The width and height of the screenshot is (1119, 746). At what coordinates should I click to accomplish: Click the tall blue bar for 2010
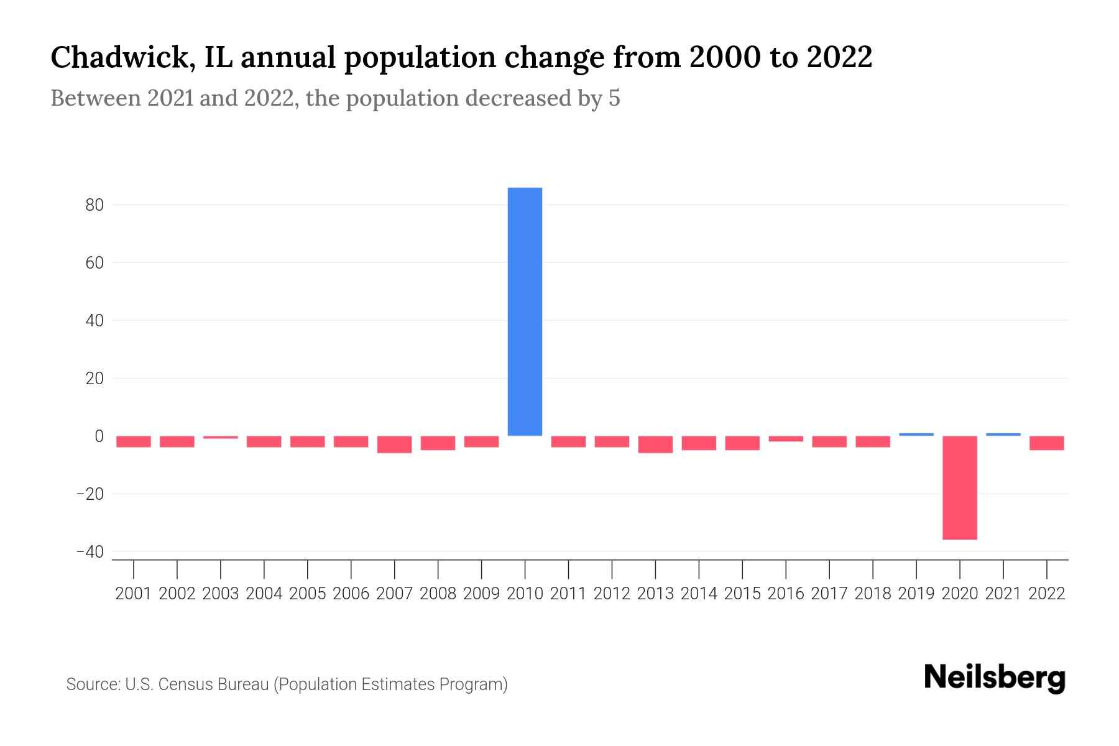[x=525, y=311]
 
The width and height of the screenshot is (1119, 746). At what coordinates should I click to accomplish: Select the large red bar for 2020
[x=959, y=487]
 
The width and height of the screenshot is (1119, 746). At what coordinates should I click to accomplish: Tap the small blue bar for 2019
[x=916, y=434]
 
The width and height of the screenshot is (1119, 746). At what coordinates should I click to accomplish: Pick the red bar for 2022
[x=1046, y=443]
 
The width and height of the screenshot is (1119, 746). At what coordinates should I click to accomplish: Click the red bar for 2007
[x=394, y=444]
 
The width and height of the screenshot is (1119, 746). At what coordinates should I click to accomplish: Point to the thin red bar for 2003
[x=221, y=437]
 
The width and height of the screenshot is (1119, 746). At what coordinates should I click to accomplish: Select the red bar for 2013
[x=655, y=444]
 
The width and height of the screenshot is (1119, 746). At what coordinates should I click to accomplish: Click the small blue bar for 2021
[x=1003, y=434]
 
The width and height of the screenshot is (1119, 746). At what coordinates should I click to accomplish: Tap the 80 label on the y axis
[x=94, y=205]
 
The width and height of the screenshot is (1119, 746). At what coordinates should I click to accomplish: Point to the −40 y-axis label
[x=90, y=552]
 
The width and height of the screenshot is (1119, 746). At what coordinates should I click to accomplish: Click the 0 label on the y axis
[x=99, y=436]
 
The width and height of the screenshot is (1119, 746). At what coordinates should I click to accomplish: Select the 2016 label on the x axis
[x=786, y=594]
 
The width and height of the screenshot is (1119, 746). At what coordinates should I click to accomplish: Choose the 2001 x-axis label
[x=134, y=594]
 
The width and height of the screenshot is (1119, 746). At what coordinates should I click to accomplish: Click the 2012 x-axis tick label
[x=612, y=594]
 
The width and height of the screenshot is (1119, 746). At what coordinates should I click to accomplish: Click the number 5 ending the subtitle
[x=614, y=98]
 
